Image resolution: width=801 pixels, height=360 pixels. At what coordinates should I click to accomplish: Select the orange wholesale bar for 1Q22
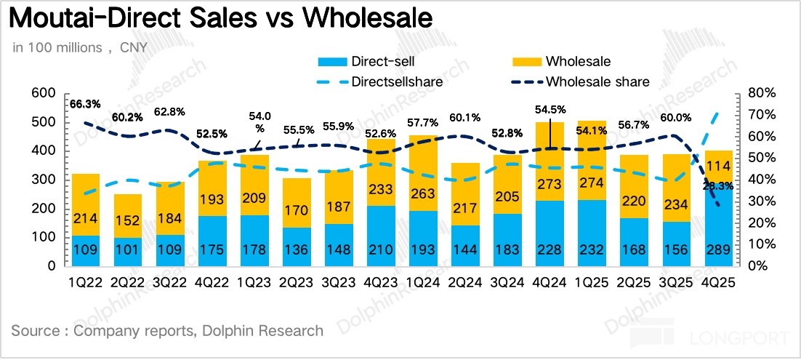pos(85,204)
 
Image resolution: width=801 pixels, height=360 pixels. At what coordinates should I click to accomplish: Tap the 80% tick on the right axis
pos(759,94)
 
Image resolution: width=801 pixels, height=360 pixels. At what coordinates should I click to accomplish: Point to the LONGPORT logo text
pos(745,338)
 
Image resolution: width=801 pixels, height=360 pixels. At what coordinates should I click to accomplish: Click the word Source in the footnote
pos(36,331)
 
